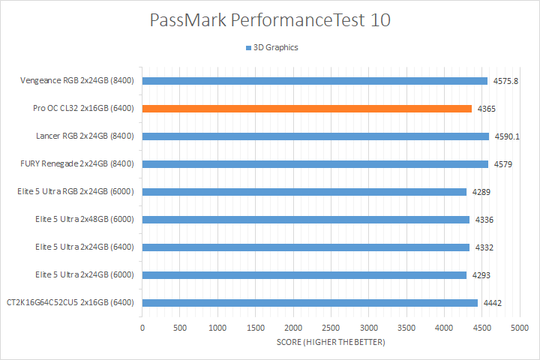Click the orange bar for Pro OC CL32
click(x=307, y=109)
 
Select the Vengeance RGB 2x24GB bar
click(x=315, y=81)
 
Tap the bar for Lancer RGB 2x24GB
click(x=315, y=136)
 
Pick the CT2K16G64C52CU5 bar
click(x=310, y=303)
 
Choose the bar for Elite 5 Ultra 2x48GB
click(x=306, y=220)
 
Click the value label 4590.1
click(x=505, y=136)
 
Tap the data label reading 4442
click(x=491, y=303)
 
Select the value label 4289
click(x=481, y=192)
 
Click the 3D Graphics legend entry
click(x=271, y=47)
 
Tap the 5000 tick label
click(x=520, y=328)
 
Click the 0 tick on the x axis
click(x=142, y=328)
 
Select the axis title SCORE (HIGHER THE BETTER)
click(x=331, y=343)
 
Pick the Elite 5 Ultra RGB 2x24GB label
click(x=75, y=192)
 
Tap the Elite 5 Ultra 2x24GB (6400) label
click(x=85, y=247)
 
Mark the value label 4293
click(x=481, y=275)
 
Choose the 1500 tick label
click(x=256, y=328)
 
